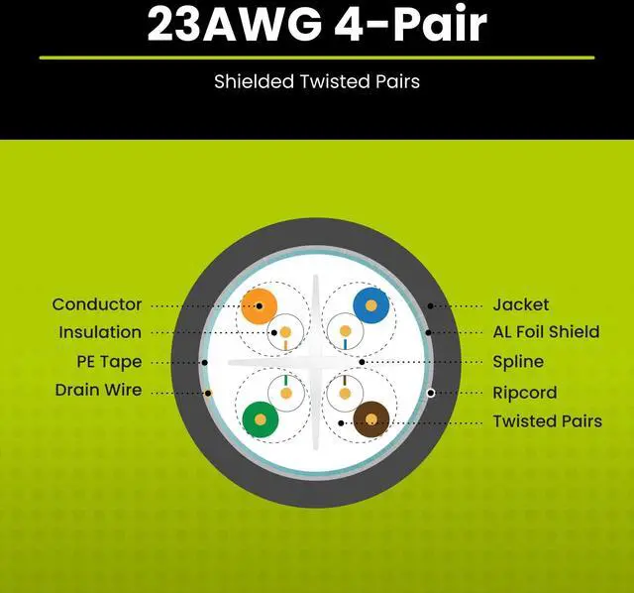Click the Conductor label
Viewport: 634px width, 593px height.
[x=97, y=304]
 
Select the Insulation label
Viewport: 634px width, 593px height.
[x=100, y=332]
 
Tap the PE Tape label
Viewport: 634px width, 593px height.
[x=109, y=362]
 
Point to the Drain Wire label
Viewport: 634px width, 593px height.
[x=98, y=390]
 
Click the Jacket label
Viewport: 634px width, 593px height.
[x=520, y=304]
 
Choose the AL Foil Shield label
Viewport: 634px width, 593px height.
[x=546, y=332]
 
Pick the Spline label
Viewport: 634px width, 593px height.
[x=518, y=362]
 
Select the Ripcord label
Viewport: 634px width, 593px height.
[x=525, y=393]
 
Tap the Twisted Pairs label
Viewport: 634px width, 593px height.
[x=547, y=421]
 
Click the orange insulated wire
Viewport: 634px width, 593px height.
[x=261, y=304]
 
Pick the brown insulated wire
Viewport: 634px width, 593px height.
[x=371, y=419]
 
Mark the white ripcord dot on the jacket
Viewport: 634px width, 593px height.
[x=431, y=393]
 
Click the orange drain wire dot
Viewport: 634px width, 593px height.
[x=208, y=394]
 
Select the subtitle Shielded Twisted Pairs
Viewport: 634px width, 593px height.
[x=317, y=81]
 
